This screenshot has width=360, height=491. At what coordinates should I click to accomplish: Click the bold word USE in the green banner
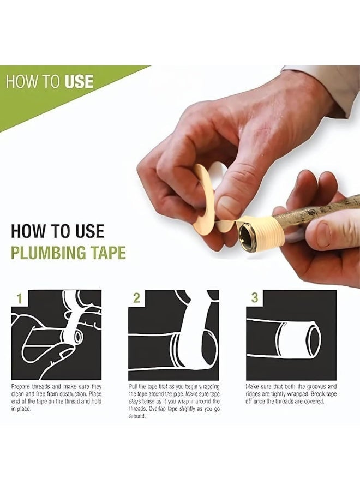pos(79,81)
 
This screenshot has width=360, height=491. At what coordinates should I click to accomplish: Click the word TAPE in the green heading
pos(108,253)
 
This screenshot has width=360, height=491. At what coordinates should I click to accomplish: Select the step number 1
pos(20,298)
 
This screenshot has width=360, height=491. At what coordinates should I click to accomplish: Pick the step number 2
pos(136,298)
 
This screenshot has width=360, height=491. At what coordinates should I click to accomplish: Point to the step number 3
pos(255,298)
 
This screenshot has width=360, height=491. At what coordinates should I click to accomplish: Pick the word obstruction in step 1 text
pos(71,394)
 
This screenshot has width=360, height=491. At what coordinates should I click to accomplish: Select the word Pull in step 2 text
pos(133,387)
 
